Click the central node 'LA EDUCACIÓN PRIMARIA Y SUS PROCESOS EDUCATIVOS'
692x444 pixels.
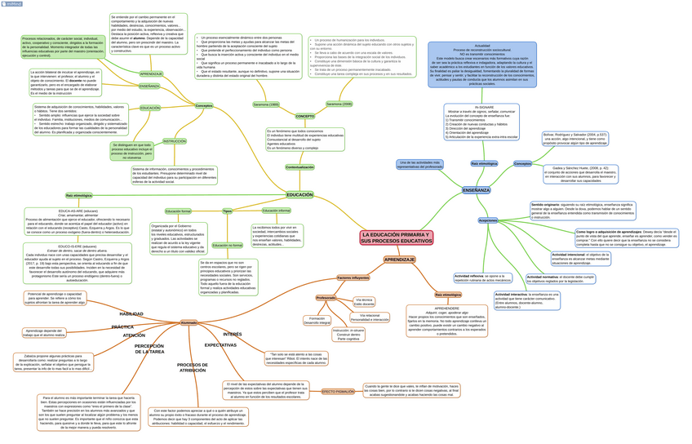point(397,238)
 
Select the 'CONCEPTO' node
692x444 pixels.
point(304,116)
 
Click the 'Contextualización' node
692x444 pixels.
point(299,167)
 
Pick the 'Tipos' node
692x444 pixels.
point(227,211)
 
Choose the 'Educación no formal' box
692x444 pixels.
point(227,245)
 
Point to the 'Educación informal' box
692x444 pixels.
point(276,211)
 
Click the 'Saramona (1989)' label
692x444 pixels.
point(266,104)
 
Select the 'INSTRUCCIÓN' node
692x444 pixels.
point(174,141)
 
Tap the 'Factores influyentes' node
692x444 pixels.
point(353,277)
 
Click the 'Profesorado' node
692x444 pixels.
point(326,298)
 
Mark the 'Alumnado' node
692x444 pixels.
point(189,322)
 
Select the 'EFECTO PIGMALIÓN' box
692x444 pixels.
point(339,392)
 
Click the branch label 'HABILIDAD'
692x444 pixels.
point(131,313)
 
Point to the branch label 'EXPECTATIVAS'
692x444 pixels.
point(220,345)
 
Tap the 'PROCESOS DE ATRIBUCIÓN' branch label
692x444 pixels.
point(193,367)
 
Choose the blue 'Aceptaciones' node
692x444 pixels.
point(488,220)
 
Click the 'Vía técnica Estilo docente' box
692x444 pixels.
point(364,302)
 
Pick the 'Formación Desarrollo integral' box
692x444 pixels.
point(317,320)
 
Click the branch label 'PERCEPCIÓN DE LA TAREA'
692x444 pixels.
point(149,349)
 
